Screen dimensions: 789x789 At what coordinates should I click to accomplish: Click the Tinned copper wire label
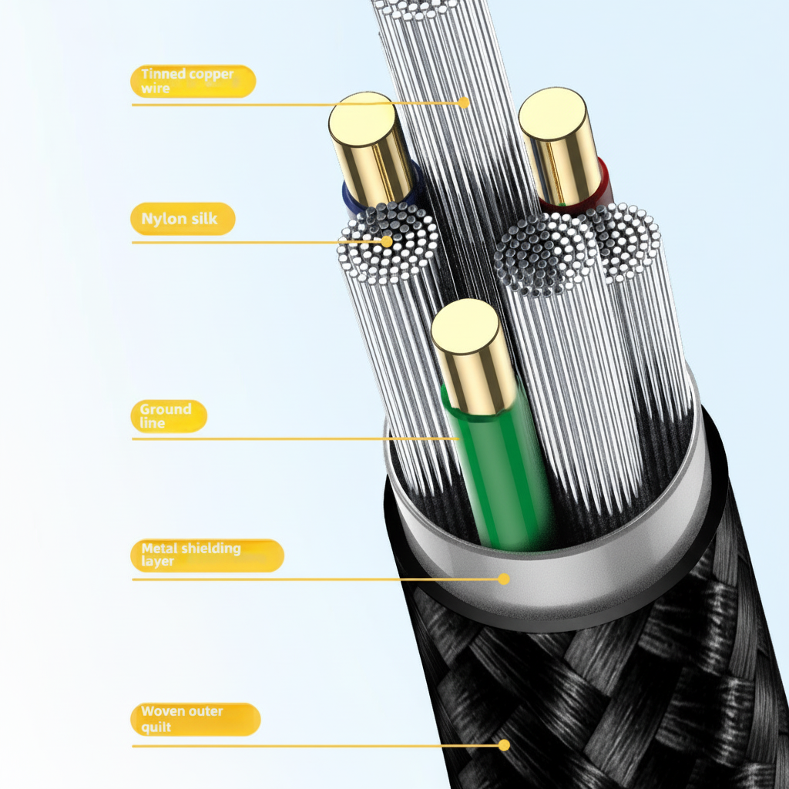pyautogui.click(x=193, y=81)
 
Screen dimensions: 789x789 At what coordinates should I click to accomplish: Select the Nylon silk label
pyautogui.click(x=182, y=219)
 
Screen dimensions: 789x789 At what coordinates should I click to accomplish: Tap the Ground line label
pyautogui.click(x=169, y=416)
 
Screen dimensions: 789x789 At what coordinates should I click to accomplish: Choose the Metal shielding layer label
pyautogui.click(x=206, y=555)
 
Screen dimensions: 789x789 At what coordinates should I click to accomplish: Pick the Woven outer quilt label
pyautogui.click(x=195, y=719)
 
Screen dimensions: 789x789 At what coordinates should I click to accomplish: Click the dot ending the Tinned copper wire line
pyautogui.click(x=464, y=102)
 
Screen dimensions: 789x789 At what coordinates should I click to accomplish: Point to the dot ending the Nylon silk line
pyautogui.click(x=387, y=241)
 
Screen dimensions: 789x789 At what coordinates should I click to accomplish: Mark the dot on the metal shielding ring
pyautogui.click(x=504, y=579)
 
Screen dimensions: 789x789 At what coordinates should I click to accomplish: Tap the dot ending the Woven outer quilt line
pyautogui.click(x=504, y=745)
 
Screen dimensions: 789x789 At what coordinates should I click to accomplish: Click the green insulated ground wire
pyautogui.click(x=501, y=470)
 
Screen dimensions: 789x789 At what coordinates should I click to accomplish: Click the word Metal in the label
pyautogui.click(x=159, y=549)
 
